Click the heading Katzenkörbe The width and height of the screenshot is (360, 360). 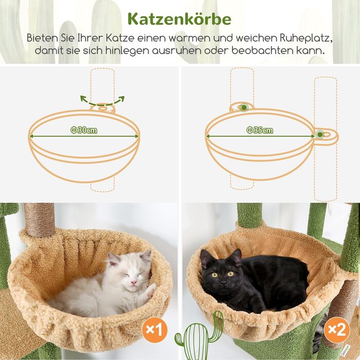(x=179, y=19)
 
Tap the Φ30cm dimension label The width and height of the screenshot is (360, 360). (x=84, y=131)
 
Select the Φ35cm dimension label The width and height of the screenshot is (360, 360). (x=260, y=131)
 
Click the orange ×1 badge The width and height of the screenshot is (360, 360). (x=154, y=330)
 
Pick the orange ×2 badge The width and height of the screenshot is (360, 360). (x=336, y=330)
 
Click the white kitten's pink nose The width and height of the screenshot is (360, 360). (x=133, y=282)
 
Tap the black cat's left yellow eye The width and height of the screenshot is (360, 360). (x=215, y=275)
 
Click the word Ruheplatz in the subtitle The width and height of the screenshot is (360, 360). (x=306, y=38)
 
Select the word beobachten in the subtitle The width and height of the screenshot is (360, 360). (x=262, y=50)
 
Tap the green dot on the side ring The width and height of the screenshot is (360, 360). (x=320, y=135)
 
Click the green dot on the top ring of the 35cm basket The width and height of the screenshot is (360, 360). (x=244, y=107)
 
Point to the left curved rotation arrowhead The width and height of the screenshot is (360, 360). (x=82, y=98)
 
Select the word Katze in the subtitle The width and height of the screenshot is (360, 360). (x=120, y=38)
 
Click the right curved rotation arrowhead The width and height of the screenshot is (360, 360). (x=122, y=99)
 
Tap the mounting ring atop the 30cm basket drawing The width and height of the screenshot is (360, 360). (x=102, y=109)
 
